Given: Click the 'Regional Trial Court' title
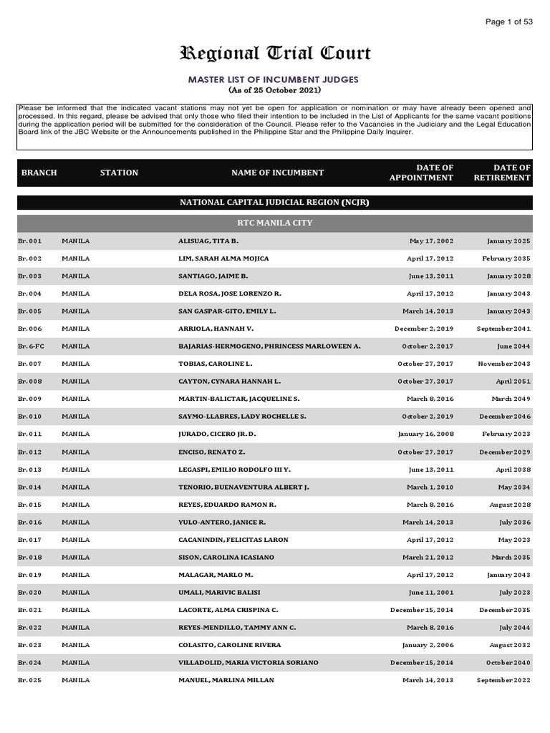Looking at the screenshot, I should click(x=275, y=54).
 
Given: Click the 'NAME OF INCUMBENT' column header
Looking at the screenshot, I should click(x=277, y=173).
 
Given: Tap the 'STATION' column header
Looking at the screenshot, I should click(x=119, y=173).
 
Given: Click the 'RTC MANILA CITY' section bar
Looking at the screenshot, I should click(x=275, y=223).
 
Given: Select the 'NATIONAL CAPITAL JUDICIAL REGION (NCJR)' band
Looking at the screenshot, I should click(x=275, y=203).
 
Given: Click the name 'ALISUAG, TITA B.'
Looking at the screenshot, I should click(x=208, y=241).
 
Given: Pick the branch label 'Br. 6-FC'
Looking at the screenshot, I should click(x=31, y=346).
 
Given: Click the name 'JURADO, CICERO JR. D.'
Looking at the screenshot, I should click(x=217, y=435).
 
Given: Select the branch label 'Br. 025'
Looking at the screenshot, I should click(x=30, y=680).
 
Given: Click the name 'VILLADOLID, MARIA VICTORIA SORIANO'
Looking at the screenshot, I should click(x=248, y=663).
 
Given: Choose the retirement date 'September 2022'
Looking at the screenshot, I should click(x=503, y=680).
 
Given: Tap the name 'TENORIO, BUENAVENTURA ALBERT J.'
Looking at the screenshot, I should click(x=243, y=487).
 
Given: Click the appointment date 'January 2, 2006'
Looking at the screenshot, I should click(x=428, y=645).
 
